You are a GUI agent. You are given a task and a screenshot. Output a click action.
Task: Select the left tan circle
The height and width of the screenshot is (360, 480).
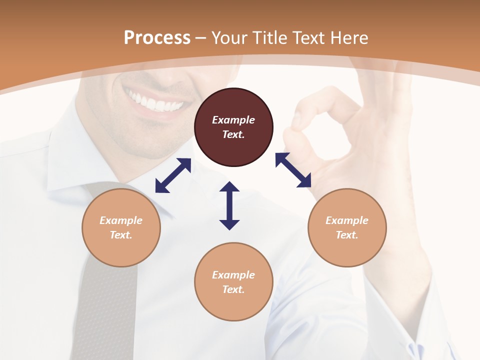pos(121,227)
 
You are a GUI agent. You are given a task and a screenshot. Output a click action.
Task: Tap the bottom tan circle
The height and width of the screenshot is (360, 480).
pos(233,282)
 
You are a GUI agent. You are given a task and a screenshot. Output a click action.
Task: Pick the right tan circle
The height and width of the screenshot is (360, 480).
pos(347,227)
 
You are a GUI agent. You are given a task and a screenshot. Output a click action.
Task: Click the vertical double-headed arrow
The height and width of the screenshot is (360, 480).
pos(229,205)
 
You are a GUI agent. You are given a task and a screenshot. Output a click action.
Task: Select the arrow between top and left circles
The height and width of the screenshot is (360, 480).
pos(173,175)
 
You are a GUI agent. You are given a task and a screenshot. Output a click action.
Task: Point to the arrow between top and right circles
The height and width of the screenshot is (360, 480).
pos(293,170)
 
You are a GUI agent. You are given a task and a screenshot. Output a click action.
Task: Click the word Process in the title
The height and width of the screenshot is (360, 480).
pos(157,37)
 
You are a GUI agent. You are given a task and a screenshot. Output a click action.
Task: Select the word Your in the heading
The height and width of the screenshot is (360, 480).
pos(229,37)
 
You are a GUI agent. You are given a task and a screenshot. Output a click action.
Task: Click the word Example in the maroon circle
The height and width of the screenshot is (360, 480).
pos(233,120)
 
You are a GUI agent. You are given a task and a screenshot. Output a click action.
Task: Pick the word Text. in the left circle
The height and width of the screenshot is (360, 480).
pos(121,235)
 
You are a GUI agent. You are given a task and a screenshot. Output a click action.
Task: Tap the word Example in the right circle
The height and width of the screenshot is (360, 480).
pos(347,220)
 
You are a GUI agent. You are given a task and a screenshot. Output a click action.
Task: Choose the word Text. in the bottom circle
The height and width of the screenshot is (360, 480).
pos(233,289)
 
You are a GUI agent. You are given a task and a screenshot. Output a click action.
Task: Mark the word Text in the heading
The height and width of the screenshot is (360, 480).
pos(307,37)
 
